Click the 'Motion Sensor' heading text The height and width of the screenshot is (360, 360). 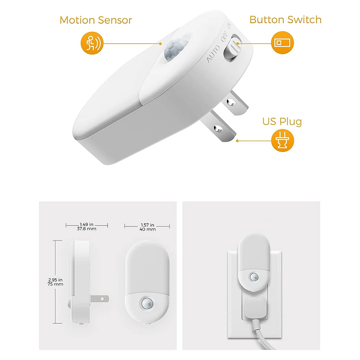point(96,20)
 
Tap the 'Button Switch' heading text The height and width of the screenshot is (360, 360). point(285,20)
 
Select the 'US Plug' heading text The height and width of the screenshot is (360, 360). point(282,121)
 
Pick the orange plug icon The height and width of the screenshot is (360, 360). point(282,141)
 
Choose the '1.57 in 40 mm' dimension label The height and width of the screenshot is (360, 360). point(147,226)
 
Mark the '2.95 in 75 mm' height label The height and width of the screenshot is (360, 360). point(56,281)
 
